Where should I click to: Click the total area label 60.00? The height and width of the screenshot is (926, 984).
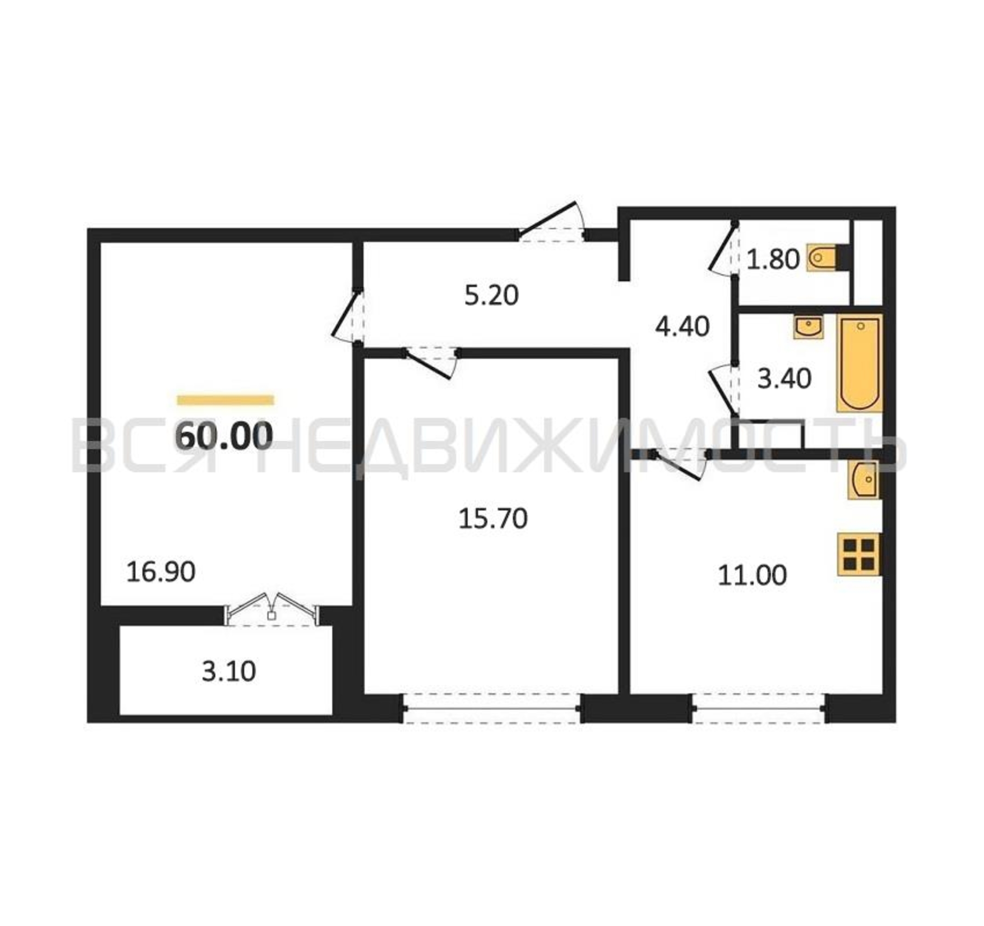[x=224, y=436]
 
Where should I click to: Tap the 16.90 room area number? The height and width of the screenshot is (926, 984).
[x=161, y=572]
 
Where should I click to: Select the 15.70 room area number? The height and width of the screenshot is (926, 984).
[x=493, y=519]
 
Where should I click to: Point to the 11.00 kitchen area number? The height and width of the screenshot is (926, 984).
[x=752, y=576]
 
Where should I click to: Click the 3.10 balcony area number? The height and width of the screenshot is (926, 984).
[x=229, y=672]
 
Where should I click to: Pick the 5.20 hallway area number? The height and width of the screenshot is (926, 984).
[x=491, y=295]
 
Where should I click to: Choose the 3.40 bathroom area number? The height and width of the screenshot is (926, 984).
[x=784, y=379]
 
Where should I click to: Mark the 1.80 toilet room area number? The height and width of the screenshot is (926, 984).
[x=773, y=259]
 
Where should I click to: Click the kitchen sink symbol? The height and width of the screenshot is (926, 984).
[x=864, y=480]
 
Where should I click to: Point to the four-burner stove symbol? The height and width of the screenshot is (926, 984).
[x=859, y=554]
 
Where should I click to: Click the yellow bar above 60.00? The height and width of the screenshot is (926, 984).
[x=225, y=400]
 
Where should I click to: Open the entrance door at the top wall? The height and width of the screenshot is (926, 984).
[x=551, y=222]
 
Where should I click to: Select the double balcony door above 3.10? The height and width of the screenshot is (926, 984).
[x=272, y=609]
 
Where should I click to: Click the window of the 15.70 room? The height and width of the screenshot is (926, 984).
[x=491, y=709]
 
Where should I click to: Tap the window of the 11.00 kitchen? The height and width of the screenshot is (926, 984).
[x=758, y=709]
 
